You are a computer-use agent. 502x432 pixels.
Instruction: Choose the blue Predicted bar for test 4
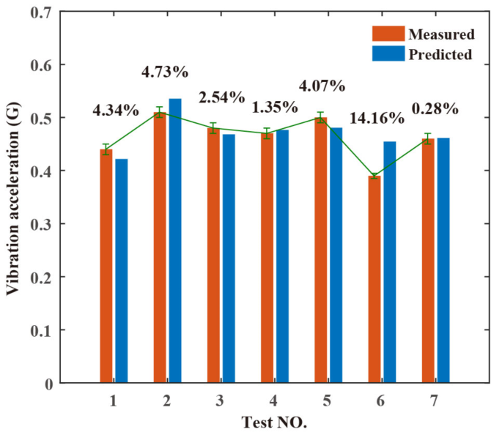click(282, 256)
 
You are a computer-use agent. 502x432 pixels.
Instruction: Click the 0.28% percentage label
click(435, 109)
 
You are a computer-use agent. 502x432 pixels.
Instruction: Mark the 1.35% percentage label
click(274, 107)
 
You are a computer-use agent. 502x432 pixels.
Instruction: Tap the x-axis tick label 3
click(221, 401)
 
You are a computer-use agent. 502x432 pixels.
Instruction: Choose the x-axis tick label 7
click(435, 401)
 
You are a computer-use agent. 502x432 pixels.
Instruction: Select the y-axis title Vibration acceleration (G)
click(12, 198)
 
